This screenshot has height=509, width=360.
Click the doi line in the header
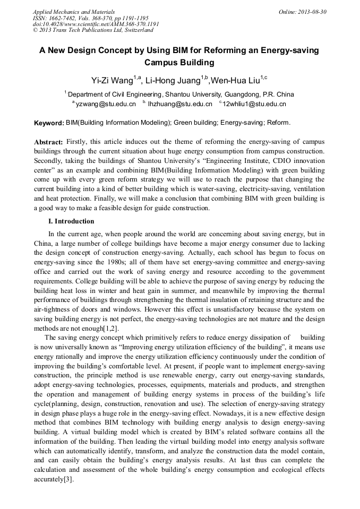[96, 24]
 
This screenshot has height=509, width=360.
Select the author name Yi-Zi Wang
[112, 81]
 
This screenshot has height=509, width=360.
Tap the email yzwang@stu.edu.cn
[106, 104]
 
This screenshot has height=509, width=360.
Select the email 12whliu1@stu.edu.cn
[254, 104]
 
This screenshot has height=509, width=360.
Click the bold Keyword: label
[49, 123]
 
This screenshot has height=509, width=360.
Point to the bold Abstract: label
[48, 142]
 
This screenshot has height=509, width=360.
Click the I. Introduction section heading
[71, 221]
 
